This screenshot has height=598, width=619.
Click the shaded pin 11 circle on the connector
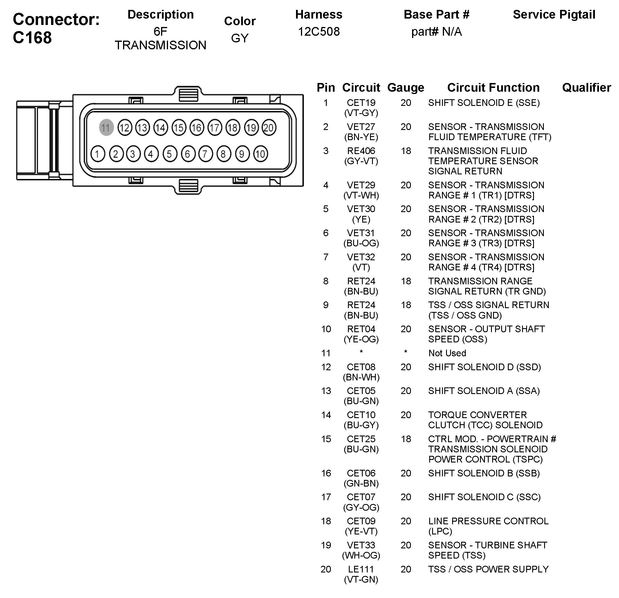[106, 128]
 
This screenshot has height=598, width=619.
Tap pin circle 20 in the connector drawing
[269, 128]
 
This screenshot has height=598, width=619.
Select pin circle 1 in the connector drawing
[98, 154]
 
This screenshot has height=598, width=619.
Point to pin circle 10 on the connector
[260, 154]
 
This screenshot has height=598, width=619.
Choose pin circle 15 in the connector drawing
[179, 128]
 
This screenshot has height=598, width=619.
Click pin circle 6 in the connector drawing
[188, 154]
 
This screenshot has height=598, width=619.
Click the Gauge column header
[405, 87]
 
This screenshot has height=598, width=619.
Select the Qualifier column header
[586, 87]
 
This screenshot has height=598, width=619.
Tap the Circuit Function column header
[493, 87]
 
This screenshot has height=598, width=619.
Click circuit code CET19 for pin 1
[361, 103]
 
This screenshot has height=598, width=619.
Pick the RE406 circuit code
[361, 151]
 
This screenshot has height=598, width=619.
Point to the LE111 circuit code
[361, 569]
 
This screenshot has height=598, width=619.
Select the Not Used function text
[447, 353]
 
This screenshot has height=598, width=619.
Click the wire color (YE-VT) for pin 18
[361, 531]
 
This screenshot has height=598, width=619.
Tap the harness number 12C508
[319, 32]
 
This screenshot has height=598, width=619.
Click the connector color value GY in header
[240, 38]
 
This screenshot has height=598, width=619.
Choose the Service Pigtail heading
[554, 15]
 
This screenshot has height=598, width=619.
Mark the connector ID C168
[32, 37]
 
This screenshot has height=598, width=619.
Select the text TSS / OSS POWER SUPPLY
[488, 569]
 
